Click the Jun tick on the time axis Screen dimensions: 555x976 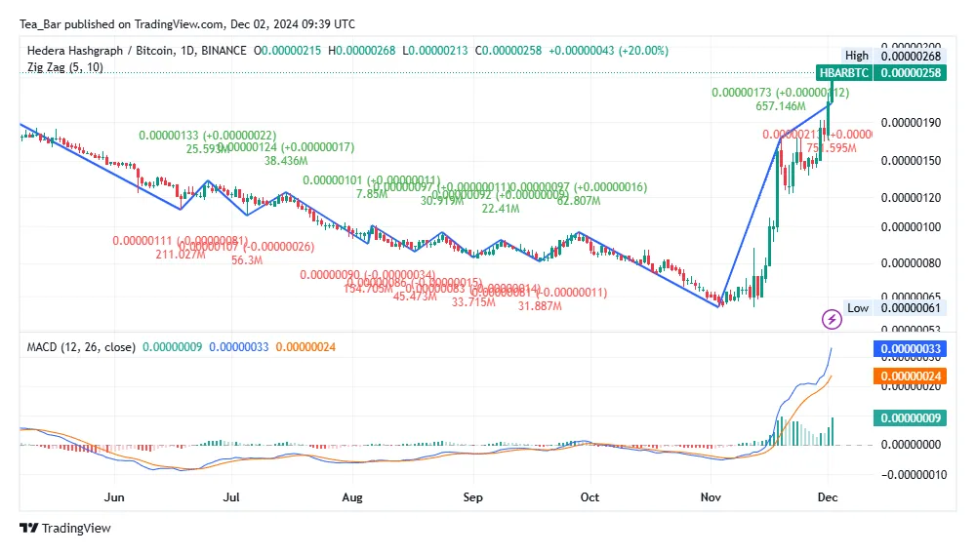115,496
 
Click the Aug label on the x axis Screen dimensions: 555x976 352,496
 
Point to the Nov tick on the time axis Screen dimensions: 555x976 710,496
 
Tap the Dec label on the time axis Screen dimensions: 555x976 828,496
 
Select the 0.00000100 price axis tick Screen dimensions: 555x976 913,227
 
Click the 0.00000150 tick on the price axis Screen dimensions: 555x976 913,160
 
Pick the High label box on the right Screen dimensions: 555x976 856,56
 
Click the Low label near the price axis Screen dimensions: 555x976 857,308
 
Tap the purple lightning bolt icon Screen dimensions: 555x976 832,319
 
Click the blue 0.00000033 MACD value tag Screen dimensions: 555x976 913,348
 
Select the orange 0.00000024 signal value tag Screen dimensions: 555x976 913,377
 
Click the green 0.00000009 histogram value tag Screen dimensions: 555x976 913,418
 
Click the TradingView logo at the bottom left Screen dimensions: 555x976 65,528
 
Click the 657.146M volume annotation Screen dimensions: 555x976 780,105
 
